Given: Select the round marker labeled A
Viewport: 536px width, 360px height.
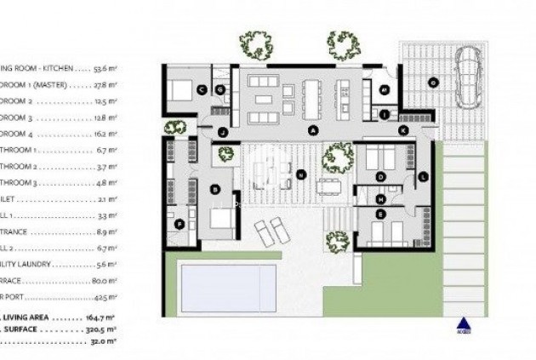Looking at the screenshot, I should pos(313,130).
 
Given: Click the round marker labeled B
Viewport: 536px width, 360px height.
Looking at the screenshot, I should pos(215,189).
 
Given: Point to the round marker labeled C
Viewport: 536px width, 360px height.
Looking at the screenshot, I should pos(202,89).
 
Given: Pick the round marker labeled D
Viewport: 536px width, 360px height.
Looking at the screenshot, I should pos(381,176).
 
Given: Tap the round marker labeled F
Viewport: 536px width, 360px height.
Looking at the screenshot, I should pos(179,224).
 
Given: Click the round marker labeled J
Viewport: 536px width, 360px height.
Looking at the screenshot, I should pos(223,132).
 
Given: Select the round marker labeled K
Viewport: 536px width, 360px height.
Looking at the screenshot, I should pos(403,130).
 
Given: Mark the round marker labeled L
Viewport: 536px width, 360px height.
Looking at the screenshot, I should pos(422,176).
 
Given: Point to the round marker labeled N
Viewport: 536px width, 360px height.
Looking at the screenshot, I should pos(301,175).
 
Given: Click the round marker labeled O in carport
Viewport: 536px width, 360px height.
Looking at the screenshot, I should pos(432,83).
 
